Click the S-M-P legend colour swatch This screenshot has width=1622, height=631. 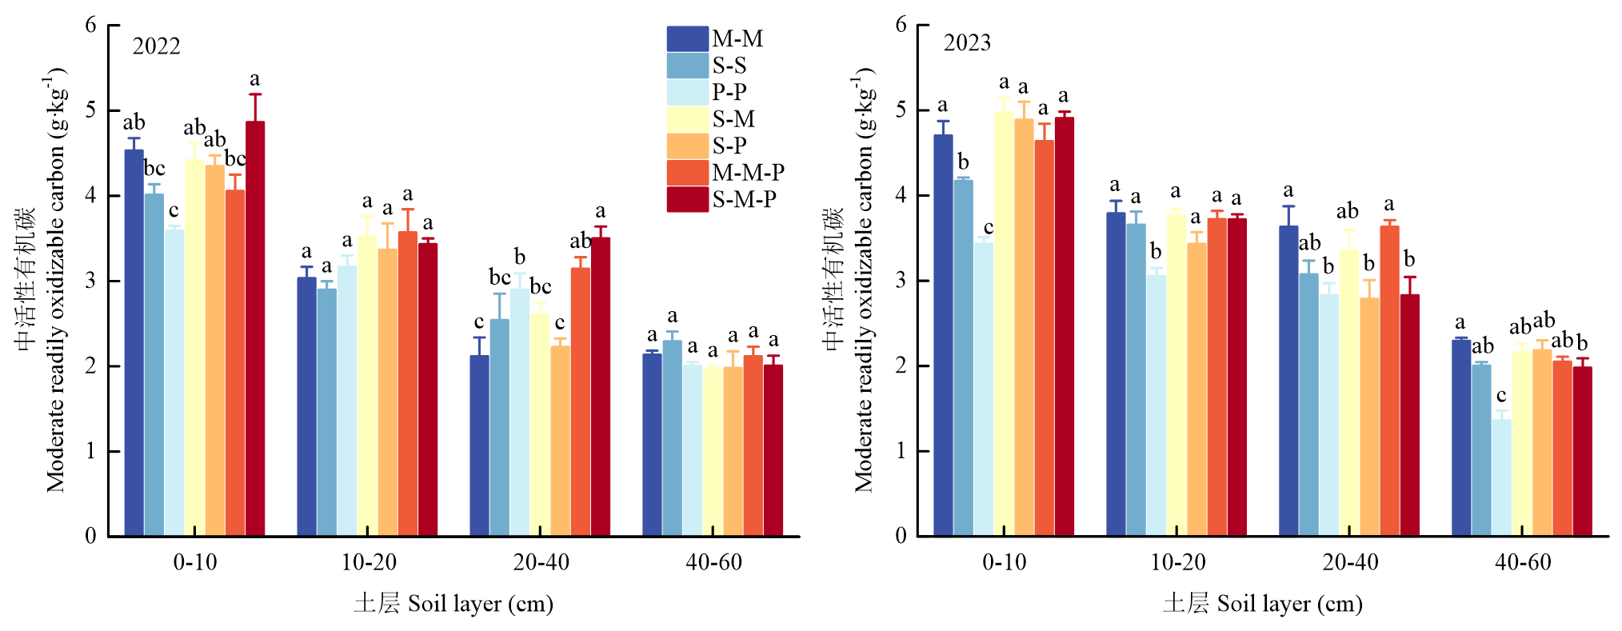coord(687,199)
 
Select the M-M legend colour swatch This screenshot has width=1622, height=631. coord(687,38)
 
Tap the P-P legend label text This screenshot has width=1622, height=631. coord(729,92)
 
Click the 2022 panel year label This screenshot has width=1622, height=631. coord(157,46)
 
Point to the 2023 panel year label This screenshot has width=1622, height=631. coord(967,42)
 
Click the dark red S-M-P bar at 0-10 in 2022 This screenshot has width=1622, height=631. coord(255,328)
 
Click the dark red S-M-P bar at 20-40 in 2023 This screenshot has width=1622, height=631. coord(1409,415)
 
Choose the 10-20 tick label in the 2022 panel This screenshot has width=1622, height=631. coord(369,562)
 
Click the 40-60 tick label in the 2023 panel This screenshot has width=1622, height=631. coord(1523,562)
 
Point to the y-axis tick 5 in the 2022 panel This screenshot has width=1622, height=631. coord(90,110)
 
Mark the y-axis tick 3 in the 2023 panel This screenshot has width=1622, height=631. coord(901,281)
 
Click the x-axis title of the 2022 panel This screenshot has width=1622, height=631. coord(453,603)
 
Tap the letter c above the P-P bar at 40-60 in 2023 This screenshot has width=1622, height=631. coord(1501,395)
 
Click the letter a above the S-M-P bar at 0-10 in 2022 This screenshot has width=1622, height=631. coord(255,78)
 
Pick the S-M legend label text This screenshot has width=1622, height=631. coord(733,119)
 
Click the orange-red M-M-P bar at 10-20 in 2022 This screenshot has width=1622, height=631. coord(408,384)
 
